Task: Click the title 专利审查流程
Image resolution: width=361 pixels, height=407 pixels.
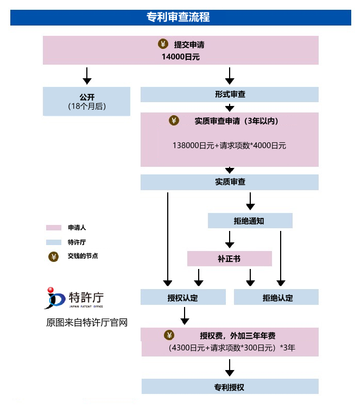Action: [x=181, y=17]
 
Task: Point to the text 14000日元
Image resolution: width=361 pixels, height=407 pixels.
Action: [x=181, y=57]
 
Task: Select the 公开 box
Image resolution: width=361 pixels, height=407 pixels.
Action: [x=87, y=101]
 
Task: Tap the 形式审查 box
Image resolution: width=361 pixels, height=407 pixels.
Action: [x=230, y=94]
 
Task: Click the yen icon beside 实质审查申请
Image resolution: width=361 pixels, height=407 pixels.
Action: [x=174, y=121]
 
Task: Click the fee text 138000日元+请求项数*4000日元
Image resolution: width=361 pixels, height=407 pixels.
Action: [x=229, y=145]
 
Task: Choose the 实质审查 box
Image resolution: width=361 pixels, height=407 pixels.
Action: [x=230, y=182]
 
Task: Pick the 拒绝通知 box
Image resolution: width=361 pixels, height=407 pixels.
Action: [x=250, y=221]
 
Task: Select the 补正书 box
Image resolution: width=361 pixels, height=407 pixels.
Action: [x=229, y=259]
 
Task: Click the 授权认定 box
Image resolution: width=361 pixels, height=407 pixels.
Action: [x=183, y=297]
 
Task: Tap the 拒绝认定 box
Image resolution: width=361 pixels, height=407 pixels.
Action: [x=276, y=297]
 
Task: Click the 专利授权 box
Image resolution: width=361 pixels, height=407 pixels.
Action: [x=230, y=387]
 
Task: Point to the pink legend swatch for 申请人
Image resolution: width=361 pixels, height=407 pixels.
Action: [x=54, y=228]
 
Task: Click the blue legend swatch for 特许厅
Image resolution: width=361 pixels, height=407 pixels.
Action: [x=54, y=242]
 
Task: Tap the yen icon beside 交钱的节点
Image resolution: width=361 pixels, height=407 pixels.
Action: [x=53, y=256]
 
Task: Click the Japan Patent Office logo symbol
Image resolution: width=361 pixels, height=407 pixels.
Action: [x=54, y=298]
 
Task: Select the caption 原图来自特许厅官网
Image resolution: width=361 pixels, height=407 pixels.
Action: [x=87, y=323]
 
